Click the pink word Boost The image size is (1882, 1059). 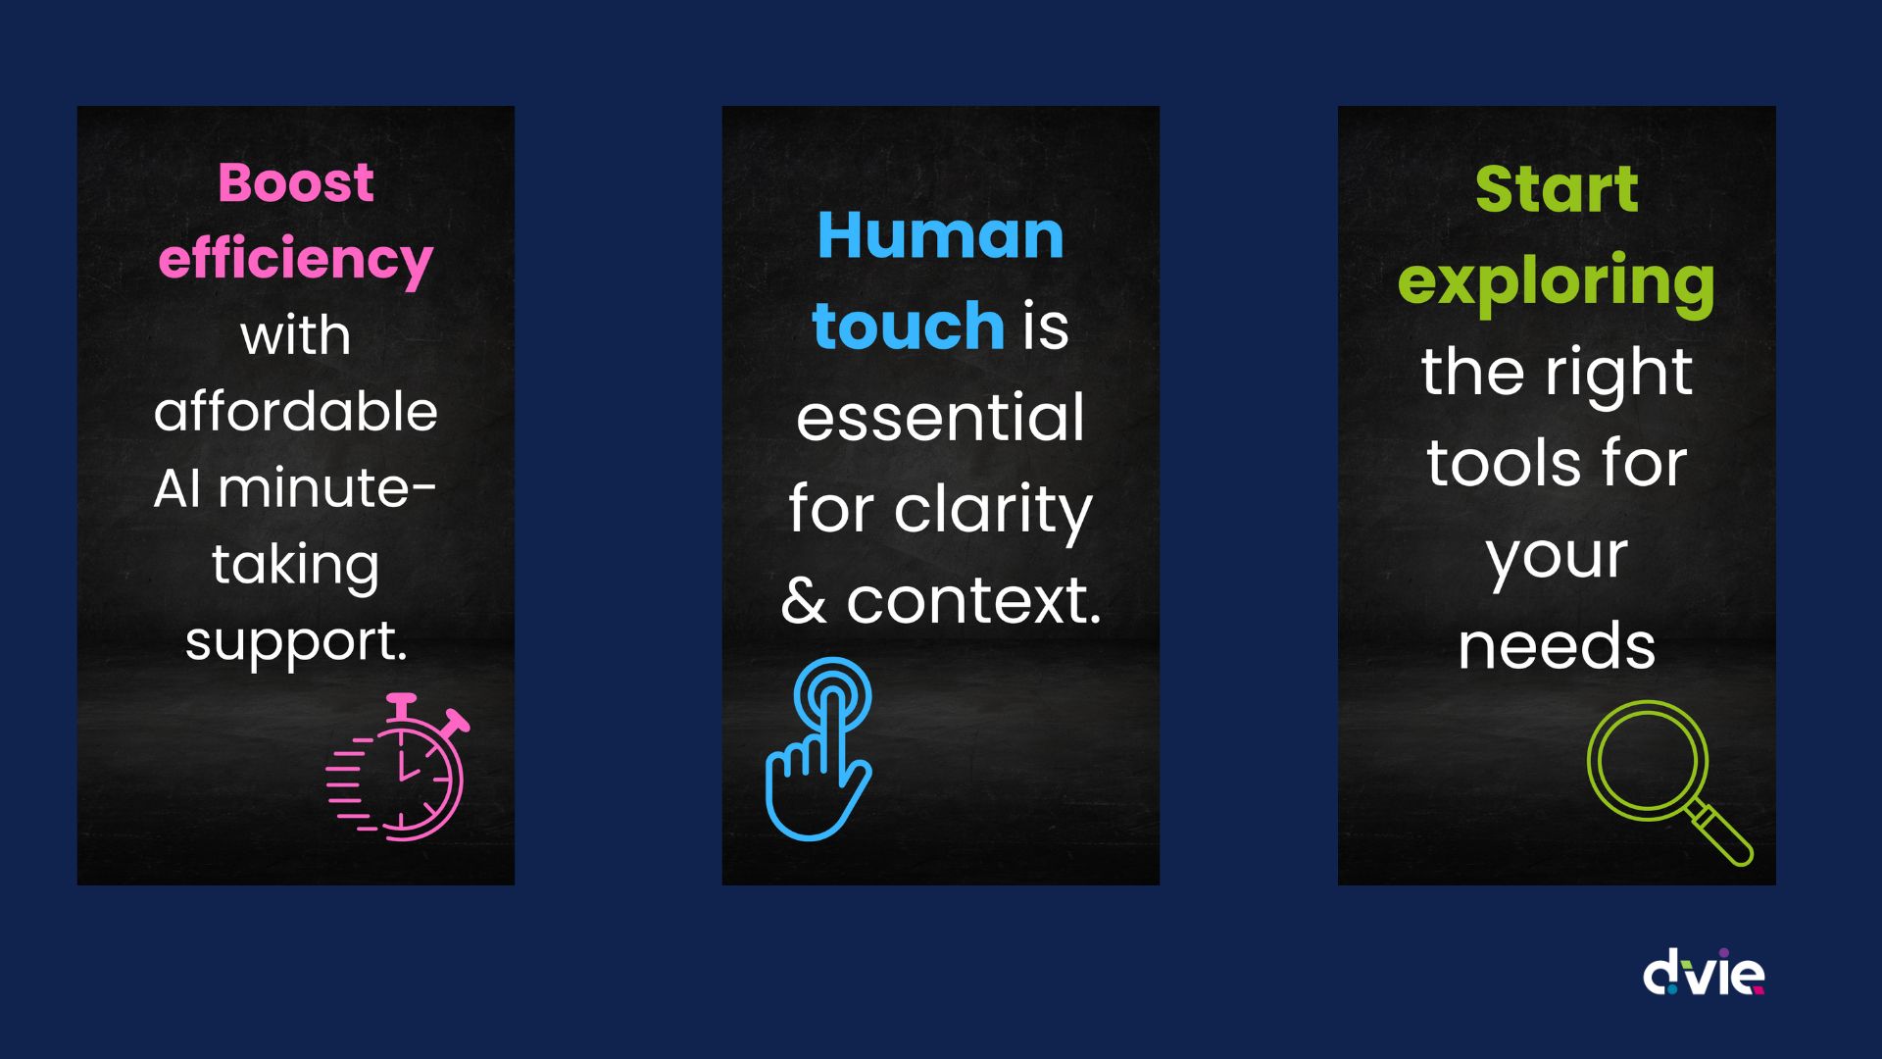point(295,182)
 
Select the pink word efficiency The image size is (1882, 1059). point(295,260)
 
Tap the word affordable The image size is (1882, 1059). point(295,411)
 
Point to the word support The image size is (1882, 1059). point(295,642)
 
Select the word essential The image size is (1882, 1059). point(940,418)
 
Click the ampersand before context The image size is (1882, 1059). point(804,600)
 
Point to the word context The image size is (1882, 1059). point(973,600)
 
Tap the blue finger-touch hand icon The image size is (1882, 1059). point(818,749)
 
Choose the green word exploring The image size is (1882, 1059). point(1557,282)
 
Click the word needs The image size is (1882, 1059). point(1557,646)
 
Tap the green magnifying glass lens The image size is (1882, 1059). point(1647,761)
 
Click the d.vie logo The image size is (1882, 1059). point(1704,972)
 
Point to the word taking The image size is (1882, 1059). point(295,566)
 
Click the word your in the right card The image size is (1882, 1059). point(1557,557)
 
